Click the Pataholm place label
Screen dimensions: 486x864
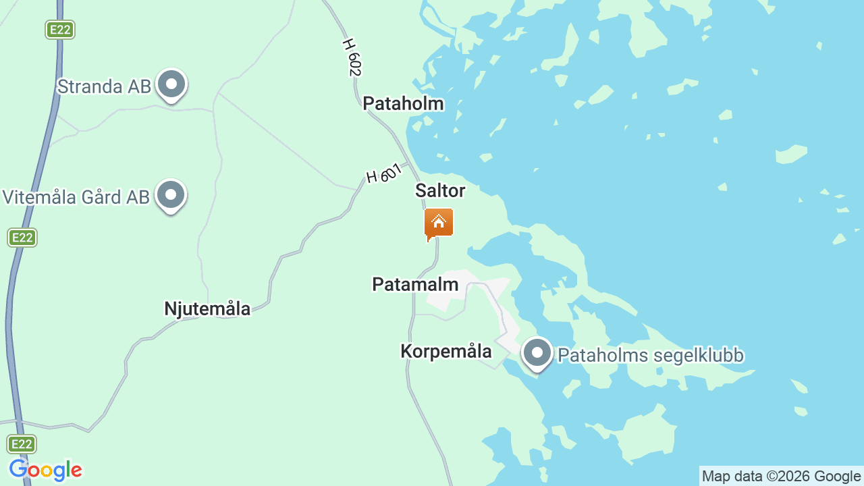403,103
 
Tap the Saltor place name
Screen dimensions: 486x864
440,190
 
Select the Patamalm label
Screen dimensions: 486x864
415,284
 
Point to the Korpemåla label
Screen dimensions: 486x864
446,351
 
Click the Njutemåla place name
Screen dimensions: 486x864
207,308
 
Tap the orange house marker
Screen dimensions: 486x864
439,223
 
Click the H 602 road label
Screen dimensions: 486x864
352,57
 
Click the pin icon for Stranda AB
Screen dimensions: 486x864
171,85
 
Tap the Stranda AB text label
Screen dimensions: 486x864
104,86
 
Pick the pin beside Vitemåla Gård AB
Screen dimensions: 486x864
171,195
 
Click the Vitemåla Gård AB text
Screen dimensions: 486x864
76,197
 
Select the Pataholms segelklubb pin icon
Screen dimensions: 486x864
537,352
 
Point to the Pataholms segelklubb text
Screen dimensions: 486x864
651,355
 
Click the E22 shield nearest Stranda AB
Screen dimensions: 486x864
60,30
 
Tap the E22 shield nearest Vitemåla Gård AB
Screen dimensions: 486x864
22,238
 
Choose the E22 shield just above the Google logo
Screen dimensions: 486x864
22,443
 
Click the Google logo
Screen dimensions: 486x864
45,470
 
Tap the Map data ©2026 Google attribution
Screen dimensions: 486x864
781,476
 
